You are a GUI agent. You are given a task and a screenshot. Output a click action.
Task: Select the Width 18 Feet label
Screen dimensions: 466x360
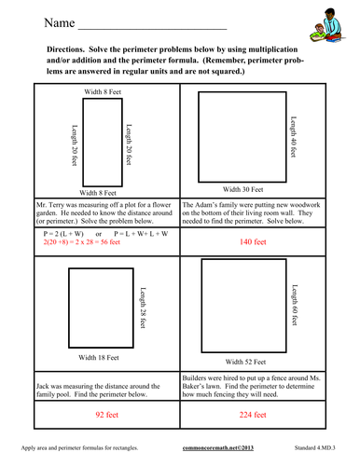104,358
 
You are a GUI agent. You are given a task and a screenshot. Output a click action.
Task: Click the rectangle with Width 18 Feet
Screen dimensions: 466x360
98,304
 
